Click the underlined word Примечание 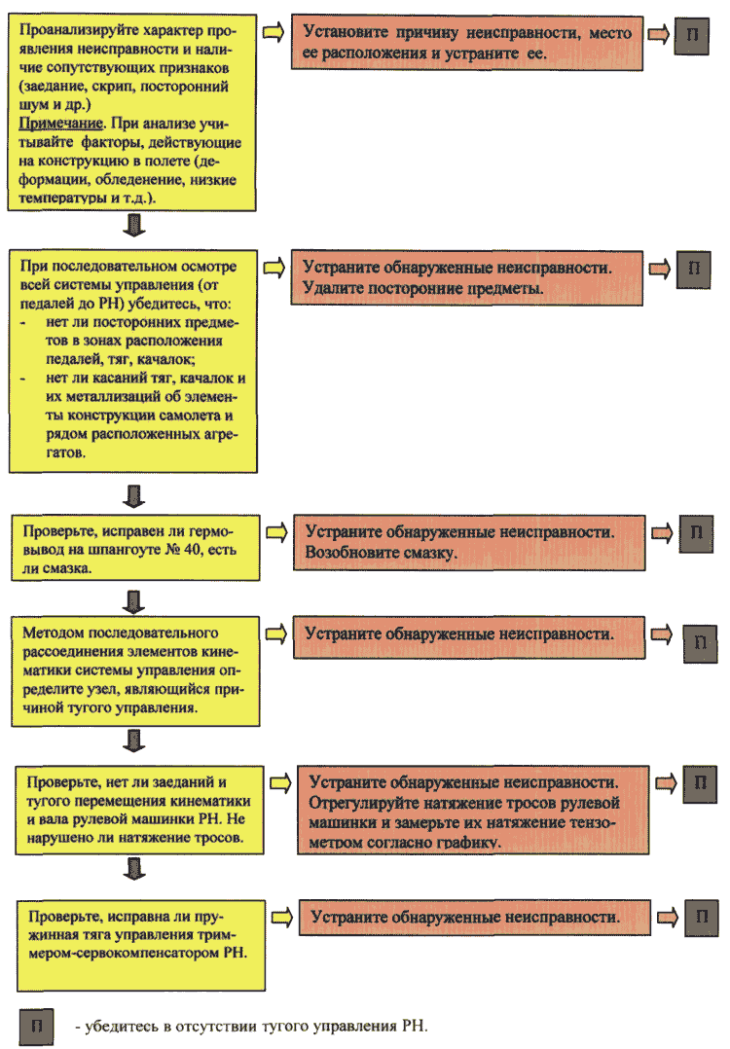[61, 124]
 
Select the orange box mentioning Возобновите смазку [469, 543]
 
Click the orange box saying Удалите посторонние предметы [467, 278]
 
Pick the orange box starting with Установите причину [467, 43]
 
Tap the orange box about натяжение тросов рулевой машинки [473, 811]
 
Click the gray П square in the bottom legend [36, 1027]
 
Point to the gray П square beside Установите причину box [691, 35]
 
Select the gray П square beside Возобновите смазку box [697, 533]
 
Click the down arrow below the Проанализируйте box [134, 225]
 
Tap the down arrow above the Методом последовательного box [134, 601]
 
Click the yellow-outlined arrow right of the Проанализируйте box [273, 31]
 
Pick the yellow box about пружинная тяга [141, 945]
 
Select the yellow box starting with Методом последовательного [136, 671]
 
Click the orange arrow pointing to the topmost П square [658, 34]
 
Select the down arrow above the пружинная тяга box [134, 868]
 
